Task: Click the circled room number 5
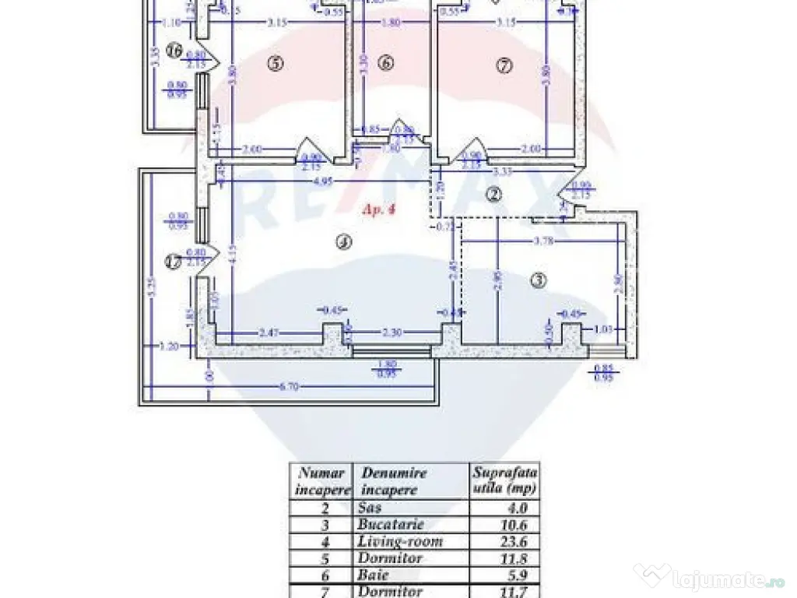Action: click(x=273, y=65)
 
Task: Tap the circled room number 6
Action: click(x=387, y=64)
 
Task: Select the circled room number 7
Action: click(x=504, y=66)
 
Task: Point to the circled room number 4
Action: click(x=342, y=242)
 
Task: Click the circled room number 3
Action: click(x=539, y=280)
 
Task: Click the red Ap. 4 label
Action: click(x=378, y=208)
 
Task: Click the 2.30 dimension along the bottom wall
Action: click(x=391, y=333)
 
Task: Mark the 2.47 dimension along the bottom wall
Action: click(x=269, y=333)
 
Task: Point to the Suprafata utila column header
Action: click(x=504, y=480)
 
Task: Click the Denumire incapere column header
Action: click(x=393, y=480)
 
